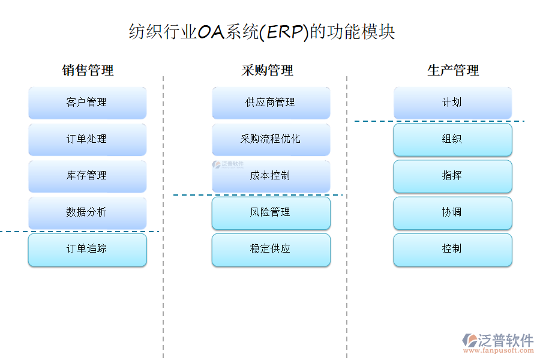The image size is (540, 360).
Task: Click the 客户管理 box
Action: pyautogui.click(x=87, y=103)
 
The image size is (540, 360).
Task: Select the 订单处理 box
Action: pyautogui.click(x=87, y=139)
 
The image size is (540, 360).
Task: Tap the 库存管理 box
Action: pyautogui.click(x=87, y=176)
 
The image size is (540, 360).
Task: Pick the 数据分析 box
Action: pyautogui.click(x=87, y=212)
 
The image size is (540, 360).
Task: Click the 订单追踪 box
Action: pyautogui.click(x=87, y=249)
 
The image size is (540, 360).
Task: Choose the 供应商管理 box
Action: pyautogui.click(x=271, y=103)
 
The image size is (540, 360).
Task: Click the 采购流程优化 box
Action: pyautogui.click(x=271, y=139)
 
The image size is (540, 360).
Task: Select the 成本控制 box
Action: pyautogui.click(x=271, y=176)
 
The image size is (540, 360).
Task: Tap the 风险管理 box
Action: pyautogui.click(x=271, y=212)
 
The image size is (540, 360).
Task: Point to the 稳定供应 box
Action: pyautogui.click(x=271, y=249)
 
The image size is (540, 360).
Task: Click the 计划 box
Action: pyautogui.click(x=452, y=103)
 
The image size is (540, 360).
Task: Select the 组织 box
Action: pyautogui.click(x=452, y=139)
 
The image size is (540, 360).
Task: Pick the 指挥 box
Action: pyautogui.click(x=452, y=176)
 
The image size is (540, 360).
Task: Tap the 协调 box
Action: pyautogui.click(x=452, y=212)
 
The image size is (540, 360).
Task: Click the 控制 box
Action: pyautogui.click(x=452, y=249)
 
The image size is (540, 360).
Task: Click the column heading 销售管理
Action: pyautogui.click(x=88, y=70)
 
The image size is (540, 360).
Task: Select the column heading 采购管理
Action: pyautogui.click(x=268, y=70)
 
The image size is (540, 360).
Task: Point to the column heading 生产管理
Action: pyautogui.click(x=453, y=70)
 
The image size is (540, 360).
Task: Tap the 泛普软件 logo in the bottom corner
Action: pyautogui.click(x=497, y=343)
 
